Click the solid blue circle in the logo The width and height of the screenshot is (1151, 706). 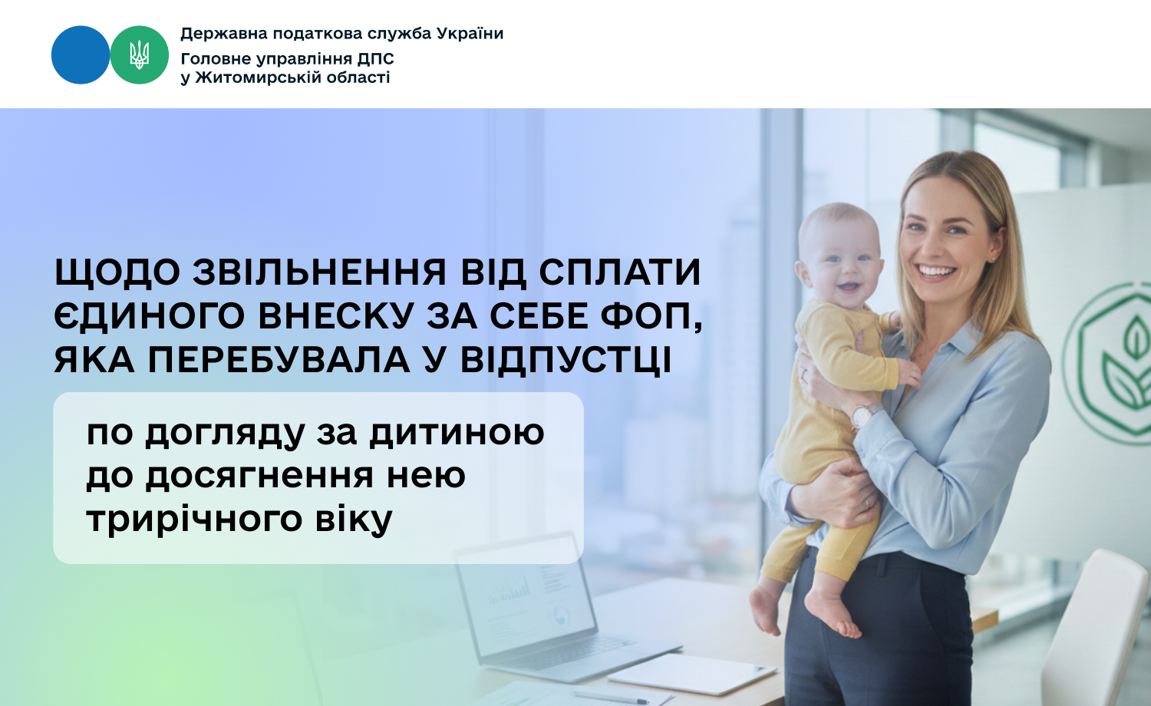(x=81, y=55)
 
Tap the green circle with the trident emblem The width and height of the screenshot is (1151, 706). (x=139, y=55)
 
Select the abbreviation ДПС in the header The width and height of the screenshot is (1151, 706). (x=376, y=59)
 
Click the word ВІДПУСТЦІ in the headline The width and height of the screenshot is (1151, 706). (x=566, y=360)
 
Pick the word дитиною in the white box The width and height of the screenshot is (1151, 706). (x=457, y=433)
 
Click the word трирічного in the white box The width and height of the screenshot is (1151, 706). (x=193, y=520)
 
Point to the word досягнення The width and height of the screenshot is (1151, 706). (x=259, y=477)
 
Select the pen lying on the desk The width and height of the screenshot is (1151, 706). (x=611, y=697)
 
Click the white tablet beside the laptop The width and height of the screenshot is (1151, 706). (x=692, y=673)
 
